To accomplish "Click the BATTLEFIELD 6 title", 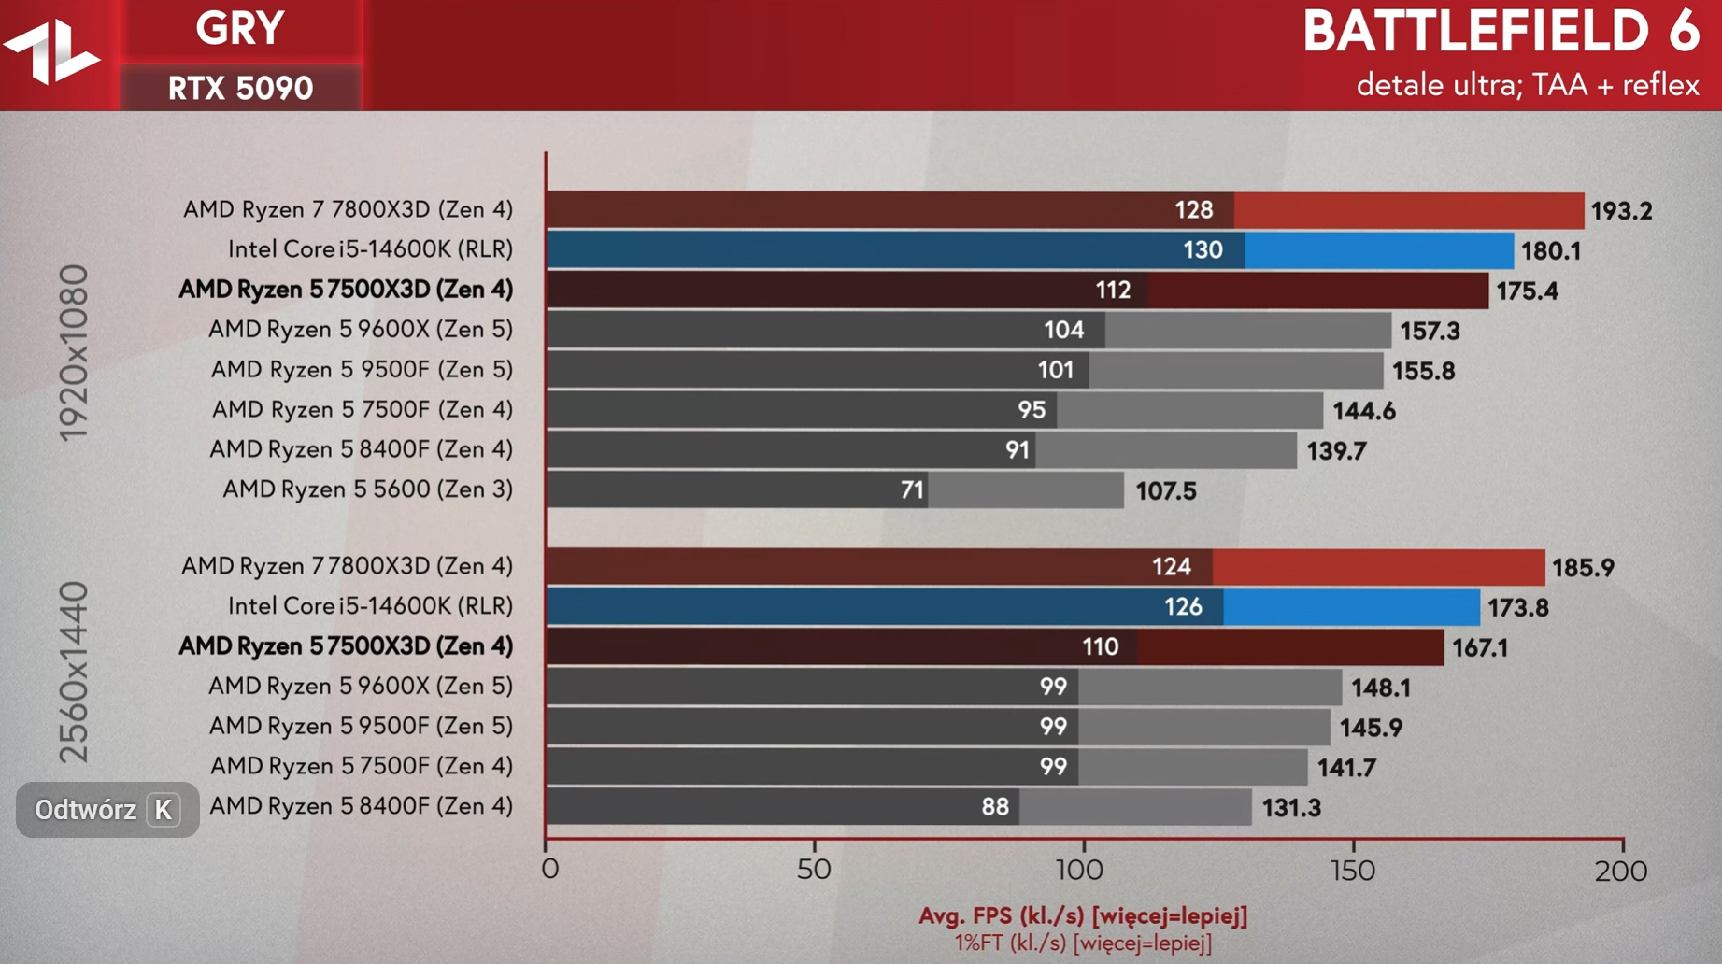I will click(1501, 32).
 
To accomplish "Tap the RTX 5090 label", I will click(240, 89).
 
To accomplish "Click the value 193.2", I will click(1621, 211).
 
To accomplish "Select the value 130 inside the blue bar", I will click(1202, 250).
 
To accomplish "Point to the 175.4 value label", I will click(1527, 291).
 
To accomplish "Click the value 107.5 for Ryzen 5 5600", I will click(1165, 491).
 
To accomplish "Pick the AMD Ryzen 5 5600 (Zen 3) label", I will click(367, 489).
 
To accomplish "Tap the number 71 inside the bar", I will click(912, 490).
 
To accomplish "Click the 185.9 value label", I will click(1583, 568).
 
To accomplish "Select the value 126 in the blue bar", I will click(1182, 607).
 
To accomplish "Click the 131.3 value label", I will click(1291, 808).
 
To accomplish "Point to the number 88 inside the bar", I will click(994, 807).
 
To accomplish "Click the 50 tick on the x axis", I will click(814, 871).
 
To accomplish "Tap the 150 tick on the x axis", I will click(1353, 871).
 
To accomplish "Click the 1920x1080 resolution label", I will click(74, 353).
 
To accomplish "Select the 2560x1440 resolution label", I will click(74, 673).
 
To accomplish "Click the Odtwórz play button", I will click(107, 810).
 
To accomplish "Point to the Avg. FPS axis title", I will click(1083, 916).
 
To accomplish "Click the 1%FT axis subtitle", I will click(1083, 943).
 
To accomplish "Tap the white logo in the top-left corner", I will click(52, 51).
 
